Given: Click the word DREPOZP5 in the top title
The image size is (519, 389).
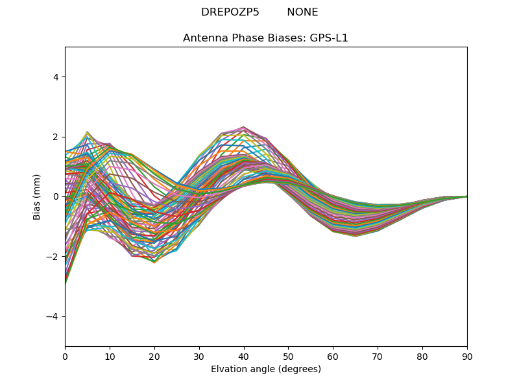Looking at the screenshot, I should tap(230, 12).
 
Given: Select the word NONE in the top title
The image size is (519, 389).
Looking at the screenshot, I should tap(302, 12).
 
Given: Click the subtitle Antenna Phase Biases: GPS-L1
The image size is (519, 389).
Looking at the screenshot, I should tap(265, 38).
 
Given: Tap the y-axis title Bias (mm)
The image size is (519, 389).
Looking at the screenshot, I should tap(37, 196).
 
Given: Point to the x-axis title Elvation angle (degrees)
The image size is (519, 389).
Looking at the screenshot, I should tap(265, 370).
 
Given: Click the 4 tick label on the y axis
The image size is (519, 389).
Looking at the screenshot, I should tap(55, 77).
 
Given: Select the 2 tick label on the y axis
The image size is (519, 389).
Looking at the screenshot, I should tap(55, 137).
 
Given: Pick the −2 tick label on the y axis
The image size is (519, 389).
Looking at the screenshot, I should tap(53, 257).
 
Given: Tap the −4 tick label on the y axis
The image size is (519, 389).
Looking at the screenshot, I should tap(53, 316).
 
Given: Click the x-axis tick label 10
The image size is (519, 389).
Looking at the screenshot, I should tap(110, 356).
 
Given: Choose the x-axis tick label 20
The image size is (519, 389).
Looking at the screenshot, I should tap(154, 356).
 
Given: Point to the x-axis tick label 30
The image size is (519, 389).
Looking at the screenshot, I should tap(199, 356).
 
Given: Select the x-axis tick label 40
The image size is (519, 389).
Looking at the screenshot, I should tap(243, 356).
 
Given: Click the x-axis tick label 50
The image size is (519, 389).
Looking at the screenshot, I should tap(288, 356).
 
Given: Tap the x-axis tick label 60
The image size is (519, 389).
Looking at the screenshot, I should tap(333, 356).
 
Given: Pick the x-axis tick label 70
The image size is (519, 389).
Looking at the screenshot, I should tap(378, 356).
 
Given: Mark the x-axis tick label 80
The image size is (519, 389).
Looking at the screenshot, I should tap(422, 356).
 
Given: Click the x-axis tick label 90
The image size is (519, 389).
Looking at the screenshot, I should tap(467, 356).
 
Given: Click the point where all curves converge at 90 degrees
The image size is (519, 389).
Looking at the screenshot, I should tap(466, 196).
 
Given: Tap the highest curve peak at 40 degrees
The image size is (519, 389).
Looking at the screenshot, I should tap(243, 127).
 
